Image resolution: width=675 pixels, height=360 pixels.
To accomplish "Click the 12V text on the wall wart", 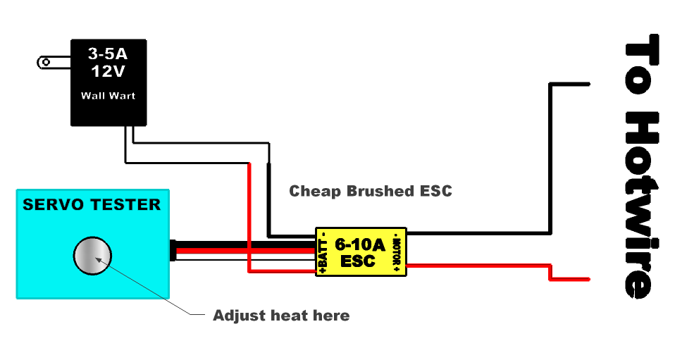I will click(108, 70).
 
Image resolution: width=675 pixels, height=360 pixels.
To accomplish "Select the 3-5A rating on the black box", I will click(108, 53).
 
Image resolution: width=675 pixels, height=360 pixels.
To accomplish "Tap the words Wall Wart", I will click(108, 95).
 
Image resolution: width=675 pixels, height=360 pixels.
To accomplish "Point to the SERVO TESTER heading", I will click(92, 205).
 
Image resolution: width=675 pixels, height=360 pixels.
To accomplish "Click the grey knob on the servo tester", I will click(93, 257).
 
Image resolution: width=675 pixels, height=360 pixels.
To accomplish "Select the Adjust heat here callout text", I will click(281, 316).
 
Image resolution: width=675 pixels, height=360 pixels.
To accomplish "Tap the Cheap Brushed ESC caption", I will click(371, 191).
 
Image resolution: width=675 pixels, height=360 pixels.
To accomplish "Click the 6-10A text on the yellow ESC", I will click(359, 245).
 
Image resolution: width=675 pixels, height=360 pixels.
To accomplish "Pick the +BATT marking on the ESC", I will click(323, 253).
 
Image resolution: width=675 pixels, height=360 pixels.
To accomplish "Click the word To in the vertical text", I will click(643, 66).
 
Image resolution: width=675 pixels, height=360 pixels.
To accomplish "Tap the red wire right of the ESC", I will click(479, 266).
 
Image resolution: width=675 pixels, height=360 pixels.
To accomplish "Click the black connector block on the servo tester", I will click(173, 251).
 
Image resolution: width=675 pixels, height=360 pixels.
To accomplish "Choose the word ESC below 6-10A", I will click(359, 261).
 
